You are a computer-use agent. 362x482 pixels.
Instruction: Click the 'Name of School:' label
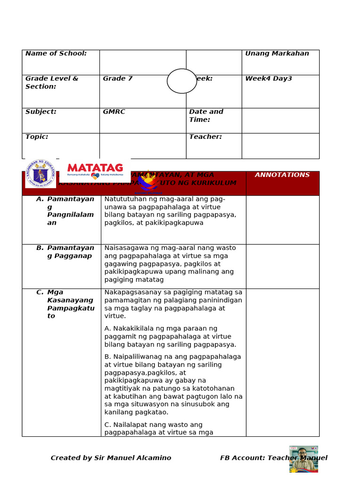[x=56, y=54]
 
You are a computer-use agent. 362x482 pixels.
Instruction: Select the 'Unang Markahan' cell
[x=277, y=54]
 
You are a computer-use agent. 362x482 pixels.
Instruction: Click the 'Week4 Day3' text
[x=268, y=79]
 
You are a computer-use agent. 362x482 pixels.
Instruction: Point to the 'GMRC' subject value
[x=114, y=112]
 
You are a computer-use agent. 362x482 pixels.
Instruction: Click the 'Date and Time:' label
[x=206, y=116]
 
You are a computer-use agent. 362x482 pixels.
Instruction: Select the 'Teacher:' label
[x=206, y=137]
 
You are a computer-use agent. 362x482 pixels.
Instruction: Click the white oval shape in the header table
[x=182, y=81]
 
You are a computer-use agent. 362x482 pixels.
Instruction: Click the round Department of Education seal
[x=41, y=174]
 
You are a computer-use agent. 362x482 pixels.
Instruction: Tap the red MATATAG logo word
[x=95, y=168]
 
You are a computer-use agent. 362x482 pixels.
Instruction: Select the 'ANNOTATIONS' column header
[x=282, y=175]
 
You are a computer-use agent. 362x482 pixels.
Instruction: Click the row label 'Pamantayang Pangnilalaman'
[x=70, y=211]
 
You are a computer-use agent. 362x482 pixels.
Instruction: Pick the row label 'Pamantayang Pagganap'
[x=70, y=252]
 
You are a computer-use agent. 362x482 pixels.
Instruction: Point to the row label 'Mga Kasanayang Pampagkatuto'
[x=70, y=304]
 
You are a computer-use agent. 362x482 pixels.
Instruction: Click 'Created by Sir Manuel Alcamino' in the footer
[x=111, y=458]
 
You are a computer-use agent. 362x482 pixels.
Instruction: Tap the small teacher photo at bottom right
[x=304, y=459]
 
